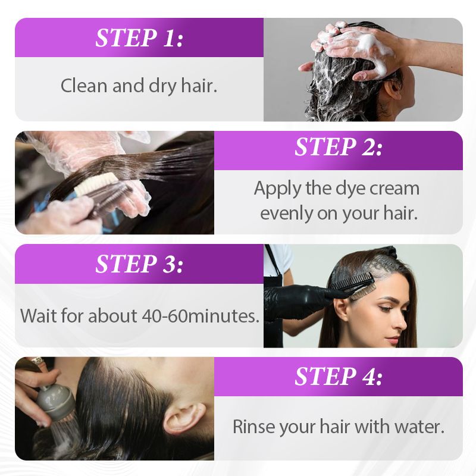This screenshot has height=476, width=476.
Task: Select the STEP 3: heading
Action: [x=139, y=263]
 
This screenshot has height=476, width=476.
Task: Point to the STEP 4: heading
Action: [x=338, y=376]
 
